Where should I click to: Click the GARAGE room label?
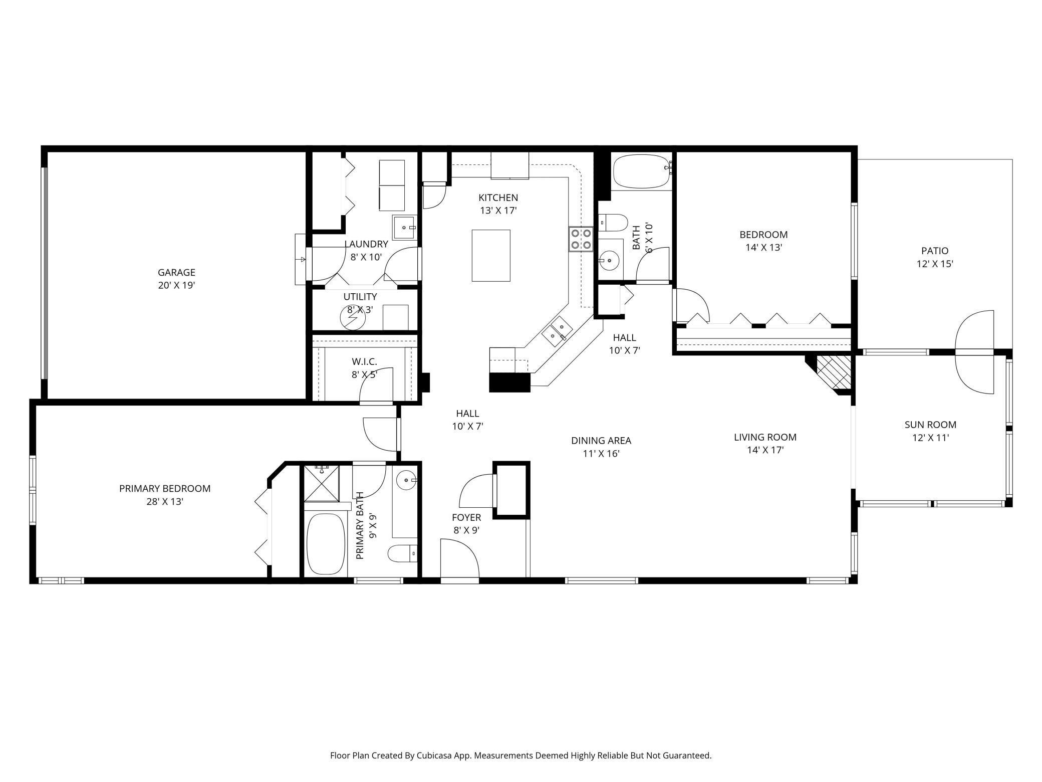(x=176, y=272)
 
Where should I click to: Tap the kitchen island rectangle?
(x=491, y=256)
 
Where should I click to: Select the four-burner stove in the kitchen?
(x=581, y=239)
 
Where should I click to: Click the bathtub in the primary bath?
(x=326, y=543)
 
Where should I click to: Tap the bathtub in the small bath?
(x=641, y=171)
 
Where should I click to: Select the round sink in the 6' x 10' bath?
(x=609, y=260)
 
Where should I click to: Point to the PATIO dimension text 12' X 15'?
(x=934, y=264)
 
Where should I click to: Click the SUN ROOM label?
(x=930, y=425)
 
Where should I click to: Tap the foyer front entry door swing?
(x=460, y=559)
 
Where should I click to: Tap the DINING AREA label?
(x=601, y=441)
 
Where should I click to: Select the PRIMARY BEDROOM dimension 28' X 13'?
(x=165, y=501)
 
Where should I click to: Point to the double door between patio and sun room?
(x=974, y=352)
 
